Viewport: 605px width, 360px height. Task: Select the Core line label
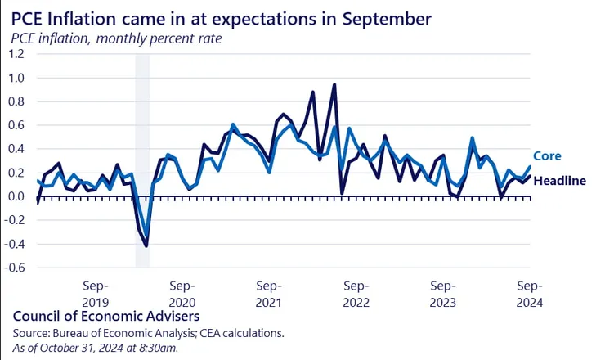click(547, 156)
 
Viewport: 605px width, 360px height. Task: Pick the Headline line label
click(559, 181)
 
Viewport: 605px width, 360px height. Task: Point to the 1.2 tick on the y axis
click(16, 54)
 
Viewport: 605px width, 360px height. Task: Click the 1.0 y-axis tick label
click(16, 78)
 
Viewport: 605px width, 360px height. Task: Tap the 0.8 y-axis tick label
click(16, 101)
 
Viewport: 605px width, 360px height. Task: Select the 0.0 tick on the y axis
click(16, 196)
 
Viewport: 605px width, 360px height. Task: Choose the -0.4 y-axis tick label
click(15, 244)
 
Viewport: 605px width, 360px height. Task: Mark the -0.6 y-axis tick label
click(15, 268)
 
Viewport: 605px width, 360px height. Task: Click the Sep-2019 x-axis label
click(96, 293)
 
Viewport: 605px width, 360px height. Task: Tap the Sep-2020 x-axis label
click(182, 293)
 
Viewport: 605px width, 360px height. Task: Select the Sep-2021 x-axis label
click(269, 293)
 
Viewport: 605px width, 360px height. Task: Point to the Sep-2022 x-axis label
click(356, 293)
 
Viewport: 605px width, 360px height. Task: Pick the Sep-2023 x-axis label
click(443, 293)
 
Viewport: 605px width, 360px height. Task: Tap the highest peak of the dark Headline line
click(334, 84)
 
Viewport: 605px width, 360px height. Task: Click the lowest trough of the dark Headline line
click(146, 245)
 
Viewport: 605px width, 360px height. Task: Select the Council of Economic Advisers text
click(105, 316)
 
